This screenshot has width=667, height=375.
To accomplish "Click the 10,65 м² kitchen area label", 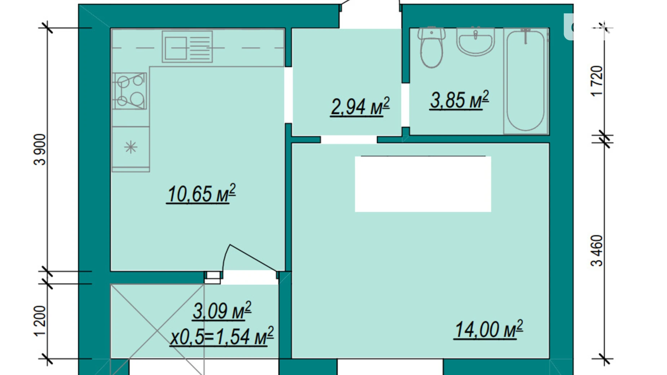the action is click(x=201, y=194).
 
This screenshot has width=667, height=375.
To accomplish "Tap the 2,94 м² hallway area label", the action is click(x=360, y=107).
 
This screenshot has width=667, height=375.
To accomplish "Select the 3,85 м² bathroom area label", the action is click(x=459, y=100).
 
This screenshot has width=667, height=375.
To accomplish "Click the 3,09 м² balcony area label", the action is click(x=222, y=311).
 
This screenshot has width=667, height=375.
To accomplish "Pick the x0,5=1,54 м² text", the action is click(x=222, y=336).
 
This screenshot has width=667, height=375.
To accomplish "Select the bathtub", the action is click(x=526, y=81).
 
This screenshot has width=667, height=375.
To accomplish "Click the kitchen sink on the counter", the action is click(x=187, y=47).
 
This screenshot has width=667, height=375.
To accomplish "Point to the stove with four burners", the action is click(x=130, y=91).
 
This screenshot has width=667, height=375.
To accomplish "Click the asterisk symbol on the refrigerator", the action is click(x=131, y=147).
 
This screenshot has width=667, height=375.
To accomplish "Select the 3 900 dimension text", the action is click(x=40, y=149).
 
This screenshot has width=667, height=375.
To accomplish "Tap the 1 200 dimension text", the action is click(x=40, y=321).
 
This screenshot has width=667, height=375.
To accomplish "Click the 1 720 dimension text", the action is click(x=597, y=81).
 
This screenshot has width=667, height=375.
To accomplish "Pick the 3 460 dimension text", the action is click(x=597, y=251).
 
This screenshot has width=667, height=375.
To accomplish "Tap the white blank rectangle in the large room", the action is click(x=423, y=184).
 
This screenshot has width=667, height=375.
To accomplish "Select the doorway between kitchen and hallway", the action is click(x=288, y=95).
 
